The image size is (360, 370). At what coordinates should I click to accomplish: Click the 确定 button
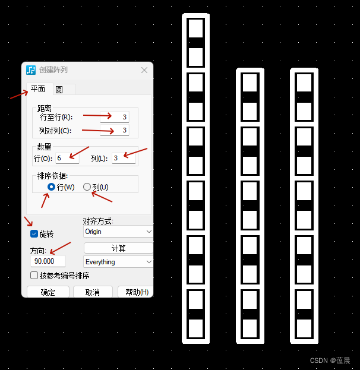(48, 292)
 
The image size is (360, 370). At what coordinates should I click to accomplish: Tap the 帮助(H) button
(136, 292)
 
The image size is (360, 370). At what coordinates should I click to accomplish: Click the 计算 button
(118, 248)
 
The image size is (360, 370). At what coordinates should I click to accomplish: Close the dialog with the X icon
(144, 70)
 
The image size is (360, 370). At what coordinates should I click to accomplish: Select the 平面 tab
(38, 89)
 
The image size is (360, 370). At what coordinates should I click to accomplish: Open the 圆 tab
(59, 90)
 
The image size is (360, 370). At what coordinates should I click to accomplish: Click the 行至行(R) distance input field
(115, 117)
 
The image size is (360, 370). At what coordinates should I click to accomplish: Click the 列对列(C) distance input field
(115, 130)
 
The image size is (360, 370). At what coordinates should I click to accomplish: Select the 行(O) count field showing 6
(67, 158)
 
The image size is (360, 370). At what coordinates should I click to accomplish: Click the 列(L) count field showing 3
(124, 158)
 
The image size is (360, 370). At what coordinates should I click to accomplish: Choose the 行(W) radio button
(51, 187)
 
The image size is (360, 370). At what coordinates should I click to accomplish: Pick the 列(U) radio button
(87, 187)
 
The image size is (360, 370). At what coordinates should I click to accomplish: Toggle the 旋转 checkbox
(34, 234)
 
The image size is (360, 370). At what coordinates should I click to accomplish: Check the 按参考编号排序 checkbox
(34, 276)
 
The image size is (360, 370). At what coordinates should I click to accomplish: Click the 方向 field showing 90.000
(48, 261)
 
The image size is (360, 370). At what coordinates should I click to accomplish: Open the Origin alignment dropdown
(118, 232)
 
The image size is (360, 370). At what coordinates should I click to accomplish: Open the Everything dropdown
(118, 262)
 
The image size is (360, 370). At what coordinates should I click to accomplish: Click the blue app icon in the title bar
(31, 70)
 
